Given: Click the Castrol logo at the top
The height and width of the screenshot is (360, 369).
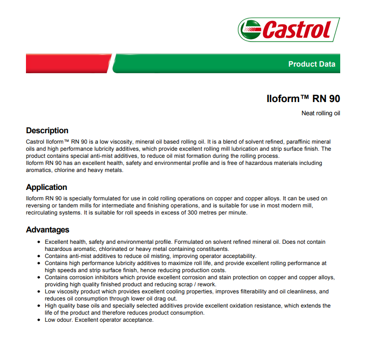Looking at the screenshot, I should point(289,30).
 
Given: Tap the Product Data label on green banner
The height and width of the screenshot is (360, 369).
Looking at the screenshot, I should point(311,64).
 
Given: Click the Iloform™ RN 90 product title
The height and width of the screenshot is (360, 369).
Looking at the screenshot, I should point(303,98).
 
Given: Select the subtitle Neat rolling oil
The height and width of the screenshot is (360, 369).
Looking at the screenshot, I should point(321,113).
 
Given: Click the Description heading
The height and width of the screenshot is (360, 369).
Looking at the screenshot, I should point(47,131).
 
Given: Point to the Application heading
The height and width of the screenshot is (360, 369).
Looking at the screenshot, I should point(47,188).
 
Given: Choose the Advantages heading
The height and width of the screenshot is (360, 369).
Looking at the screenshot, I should point(48,230).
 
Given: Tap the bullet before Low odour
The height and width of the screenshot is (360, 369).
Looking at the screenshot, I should point(39,320).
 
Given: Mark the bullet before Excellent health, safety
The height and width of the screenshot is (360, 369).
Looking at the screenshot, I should point(39,242).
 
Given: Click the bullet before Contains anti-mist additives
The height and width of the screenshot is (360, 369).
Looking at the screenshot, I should point(39,257).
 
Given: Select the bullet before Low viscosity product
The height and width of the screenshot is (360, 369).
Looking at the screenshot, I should point(39,292).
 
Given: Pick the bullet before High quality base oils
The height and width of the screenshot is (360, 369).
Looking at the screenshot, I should point(39,306).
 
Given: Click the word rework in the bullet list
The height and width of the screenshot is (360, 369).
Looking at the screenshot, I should point(206,284).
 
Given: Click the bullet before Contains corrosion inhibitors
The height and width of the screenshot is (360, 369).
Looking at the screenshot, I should point(39,278).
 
